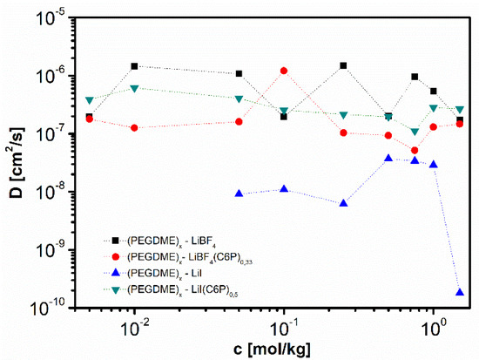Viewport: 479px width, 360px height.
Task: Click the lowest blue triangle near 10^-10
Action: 460,292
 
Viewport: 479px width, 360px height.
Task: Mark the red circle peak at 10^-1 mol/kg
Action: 284,71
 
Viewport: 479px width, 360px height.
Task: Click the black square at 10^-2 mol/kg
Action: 135,66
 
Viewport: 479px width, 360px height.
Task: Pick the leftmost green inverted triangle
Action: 90,100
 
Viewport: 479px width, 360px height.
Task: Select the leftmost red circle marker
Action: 90,119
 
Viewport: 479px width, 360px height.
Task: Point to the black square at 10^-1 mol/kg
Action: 284,116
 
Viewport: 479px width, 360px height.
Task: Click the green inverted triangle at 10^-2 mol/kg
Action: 135,88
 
